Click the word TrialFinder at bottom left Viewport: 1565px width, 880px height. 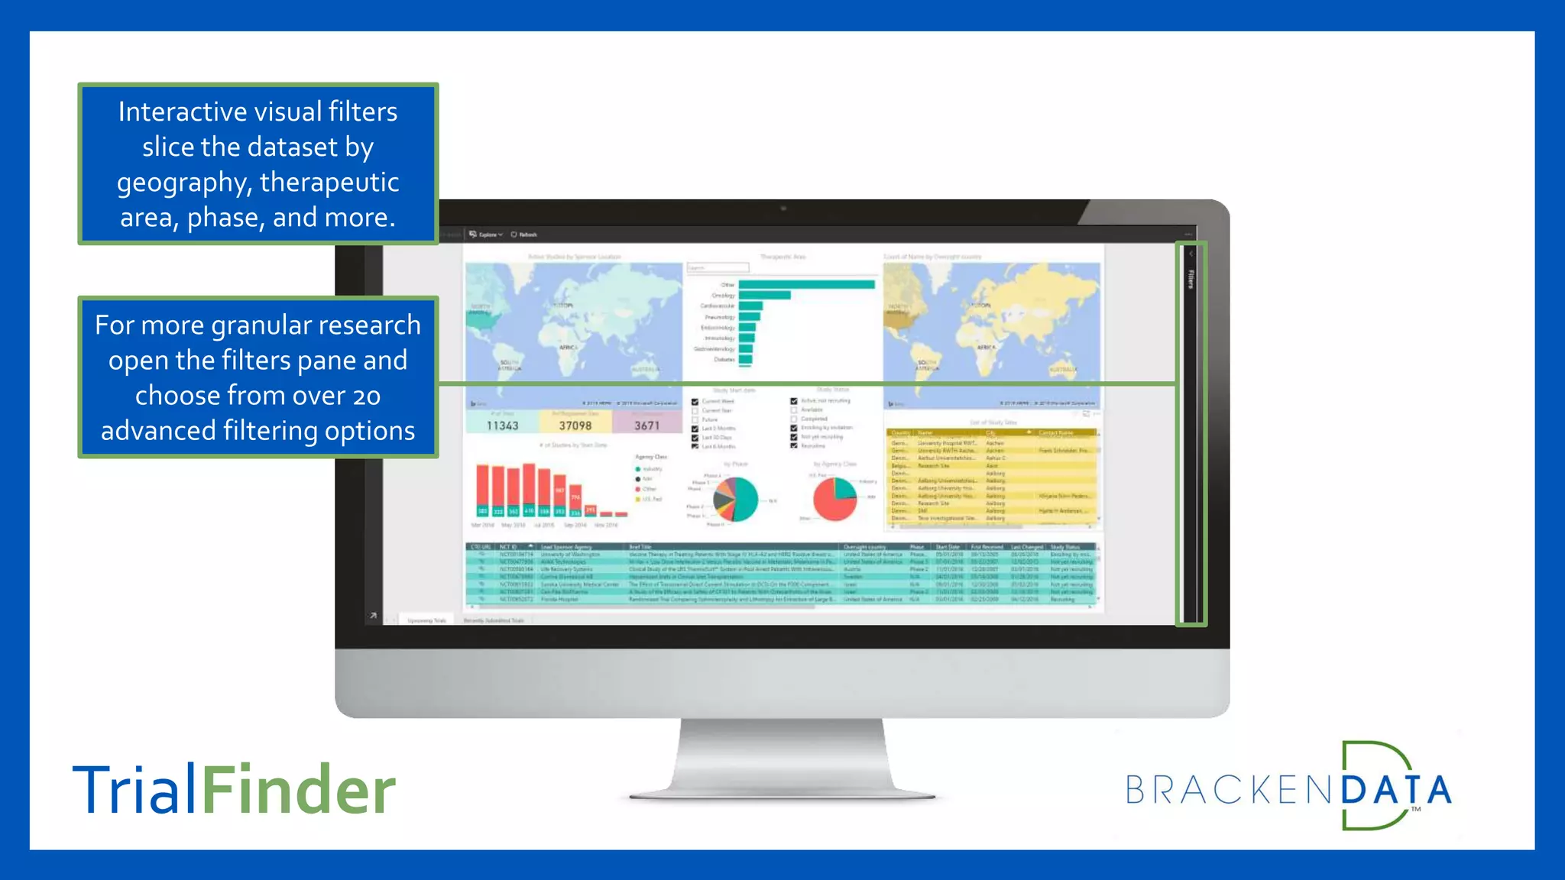point(234,790)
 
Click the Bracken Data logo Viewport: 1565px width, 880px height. point(1288,788)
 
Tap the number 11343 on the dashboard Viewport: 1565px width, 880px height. point(502,425)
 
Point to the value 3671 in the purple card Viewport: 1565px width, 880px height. point(646,425)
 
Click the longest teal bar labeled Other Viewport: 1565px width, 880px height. point(806,285)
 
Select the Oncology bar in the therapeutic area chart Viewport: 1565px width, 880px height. point(764,296)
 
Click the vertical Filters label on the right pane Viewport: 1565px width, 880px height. point(1191,279)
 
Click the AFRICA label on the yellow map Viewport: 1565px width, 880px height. point(986,348)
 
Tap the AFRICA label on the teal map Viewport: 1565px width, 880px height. point(567,348)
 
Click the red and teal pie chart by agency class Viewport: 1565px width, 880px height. point(834,499)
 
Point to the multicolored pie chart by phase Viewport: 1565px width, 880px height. point(735,499)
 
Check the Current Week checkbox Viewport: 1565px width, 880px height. point(695,402)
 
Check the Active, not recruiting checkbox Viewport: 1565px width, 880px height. point(794,401)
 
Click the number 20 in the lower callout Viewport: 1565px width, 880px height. point(366,396)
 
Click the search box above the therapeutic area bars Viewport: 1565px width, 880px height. point(718,268)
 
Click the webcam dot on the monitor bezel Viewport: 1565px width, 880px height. point(783,208)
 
